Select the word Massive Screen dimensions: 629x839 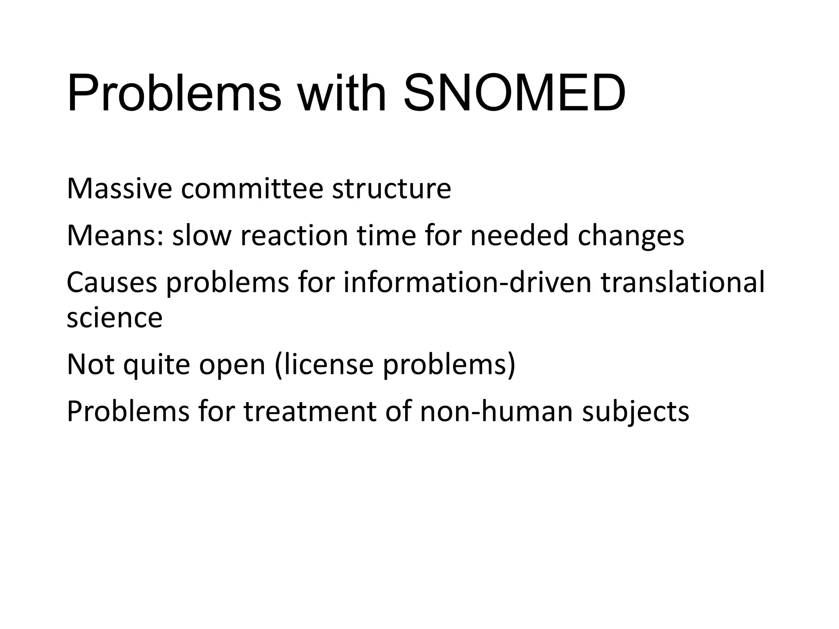[119, 189]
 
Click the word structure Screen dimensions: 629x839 [391, 190]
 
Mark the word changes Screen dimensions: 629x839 [631, 237]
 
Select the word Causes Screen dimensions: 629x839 [112, 283]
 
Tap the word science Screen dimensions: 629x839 [114, 318]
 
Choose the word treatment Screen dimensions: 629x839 [310, 412]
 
